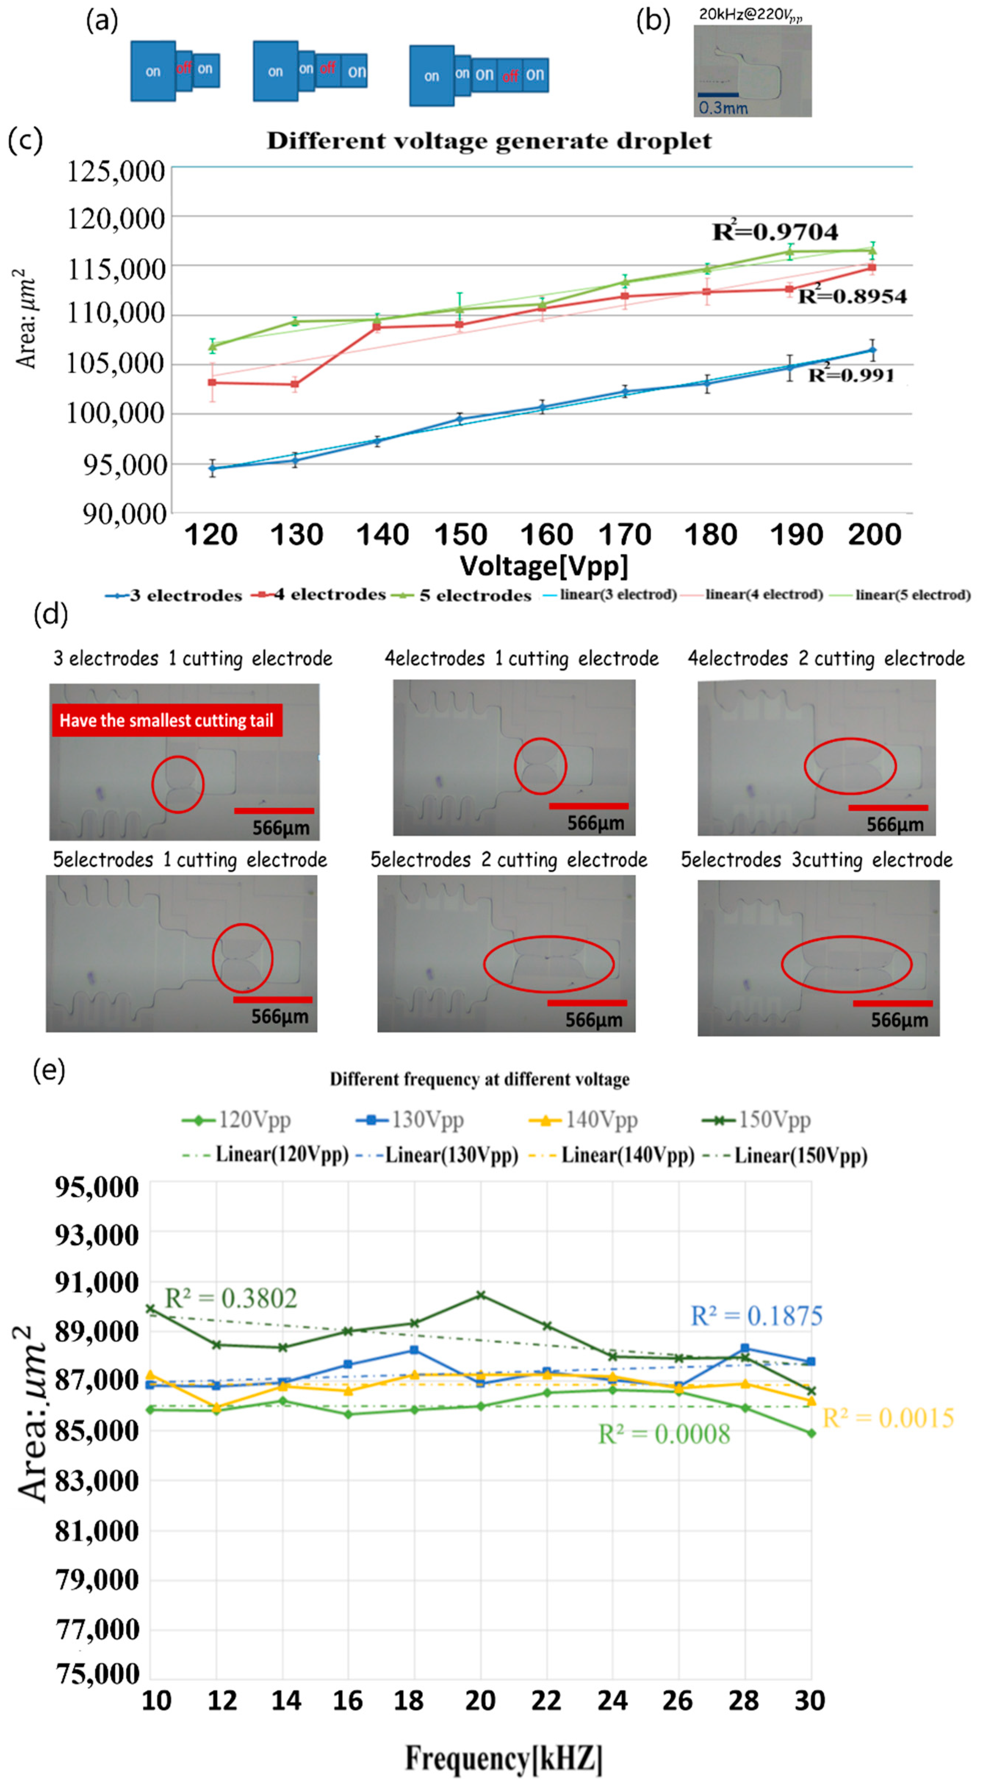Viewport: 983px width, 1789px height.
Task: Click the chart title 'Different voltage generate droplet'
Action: click(489, 141)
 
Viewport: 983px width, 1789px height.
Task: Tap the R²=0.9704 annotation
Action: click(775, 231)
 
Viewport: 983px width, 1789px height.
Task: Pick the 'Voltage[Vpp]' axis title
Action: click(544, 566)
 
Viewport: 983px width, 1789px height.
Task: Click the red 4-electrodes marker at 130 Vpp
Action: click(295, 384)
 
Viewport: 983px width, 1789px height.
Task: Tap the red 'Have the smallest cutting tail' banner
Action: click(167, 720)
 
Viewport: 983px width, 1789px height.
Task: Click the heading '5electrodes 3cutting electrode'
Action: click(816, 860)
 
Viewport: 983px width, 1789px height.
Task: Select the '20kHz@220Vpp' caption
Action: click(750, 14)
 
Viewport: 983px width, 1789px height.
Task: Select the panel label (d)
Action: click(50, 614)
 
